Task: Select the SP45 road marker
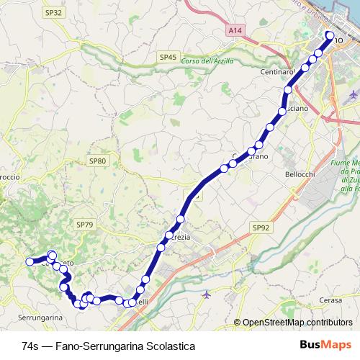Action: (168, 56)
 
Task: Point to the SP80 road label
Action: (98, 161)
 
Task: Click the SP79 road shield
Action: (84, 225)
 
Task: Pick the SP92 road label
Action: (261, 227)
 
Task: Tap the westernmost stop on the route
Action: (30, 261)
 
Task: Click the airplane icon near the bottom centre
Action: (207, 294)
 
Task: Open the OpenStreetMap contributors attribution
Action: (297, 323)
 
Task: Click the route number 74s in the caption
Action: (31, 346)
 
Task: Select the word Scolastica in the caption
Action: (171, 346)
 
